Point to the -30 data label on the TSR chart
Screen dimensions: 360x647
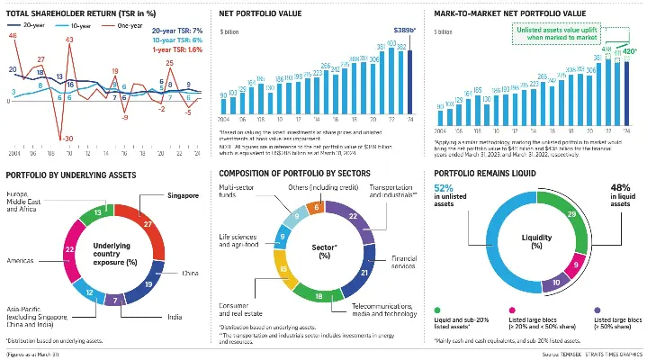(67, 137)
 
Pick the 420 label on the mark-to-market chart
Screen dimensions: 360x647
(630, 51)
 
